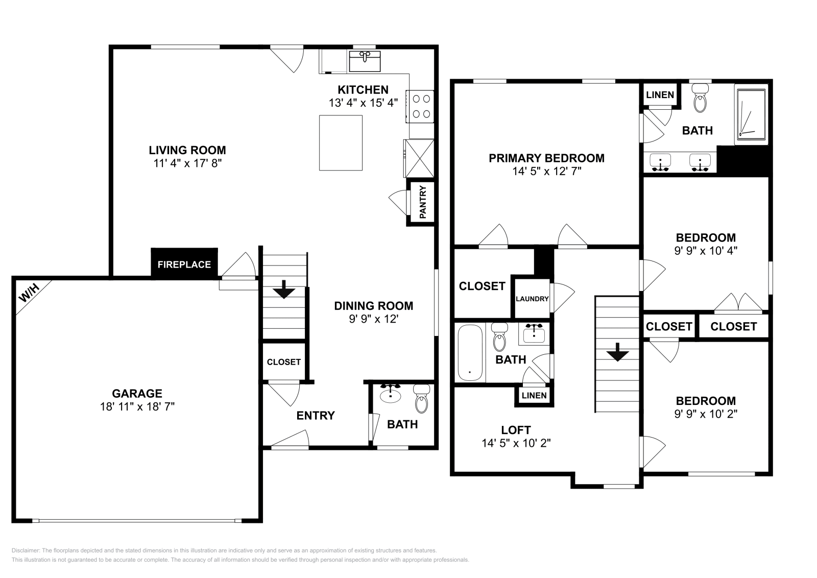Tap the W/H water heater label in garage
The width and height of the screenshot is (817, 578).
coord(30,293)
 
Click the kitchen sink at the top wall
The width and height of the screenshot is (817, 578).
coord(365,61)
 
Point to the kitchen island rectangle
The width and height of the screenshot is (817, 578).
coord(341,143)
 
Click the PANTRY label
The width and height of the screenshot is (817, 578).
coord(423,202)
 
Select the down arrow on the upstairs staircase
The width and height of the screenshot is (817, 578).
coord(617,352)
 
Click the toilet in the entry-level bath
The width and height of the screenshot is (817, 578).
coord(422,399)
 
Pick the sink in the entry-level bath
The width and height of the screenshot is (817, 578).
coord(390,394)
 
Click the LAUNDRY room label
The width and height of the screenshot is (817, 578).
coord(532,299)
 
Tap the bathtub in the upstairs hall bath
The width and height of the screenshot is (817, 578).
coord(470,353)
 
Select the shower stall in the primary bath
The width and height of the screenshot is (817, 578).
coord(751,114)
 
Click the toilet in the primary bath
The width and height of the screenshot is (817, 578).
coord(700,98)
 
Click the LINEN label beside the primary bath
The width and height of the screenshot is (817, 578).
coord(660,95)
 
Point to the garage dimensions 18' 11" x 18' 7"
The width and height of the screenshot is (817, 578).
coord(137,406)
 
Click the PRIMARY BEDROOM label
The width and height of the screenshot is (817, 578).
coord(546,158)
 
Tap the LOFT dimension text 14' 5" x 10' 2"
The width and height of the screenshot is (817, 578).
coord(516,443)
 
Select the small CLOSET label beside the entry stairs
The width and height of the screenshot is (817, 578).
coord(284,362)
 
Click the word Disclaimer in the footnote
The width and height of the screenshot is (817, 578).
coord(25,550)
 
